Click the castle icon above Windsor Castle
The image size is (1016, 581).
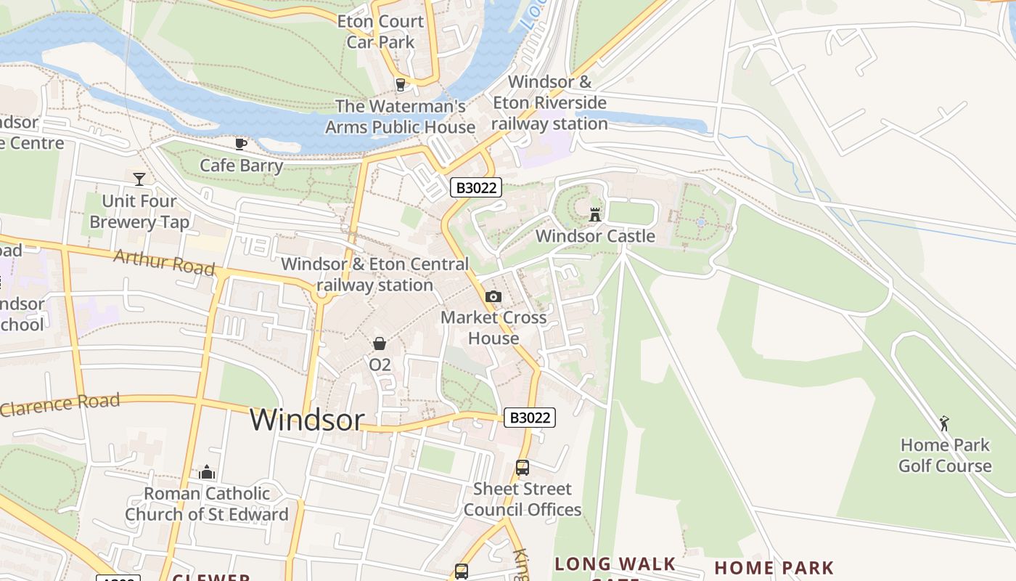click(x=595, y=214)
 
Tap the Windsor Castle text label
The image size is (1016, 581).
click(x=595, y=236)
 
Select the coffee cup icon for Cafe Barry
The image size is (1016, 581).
click(x=241, y=144)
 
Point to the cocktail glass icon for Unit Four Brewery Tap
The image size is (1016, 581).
click(x=139, y=179)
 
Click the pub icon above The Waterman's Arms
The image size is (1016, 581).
click(x=400, y=85)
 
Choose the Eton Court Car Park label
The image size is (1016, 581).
click(x=380, y=32)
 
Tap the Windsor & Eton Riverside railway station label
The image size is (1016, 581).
click(x=549, y=102)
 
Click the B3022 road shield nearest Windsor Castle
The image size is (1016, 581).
click(x=476, y=187)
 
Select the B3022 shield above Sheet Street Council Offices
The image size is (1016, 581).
click(x=530, y=418)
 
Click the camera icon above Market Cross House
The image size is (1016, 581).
click(x=493, y=296)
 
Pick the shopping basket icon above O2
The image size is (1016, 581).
click(x=380, y=344)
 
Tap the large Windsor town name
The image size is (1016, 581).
click(x=307, y=420)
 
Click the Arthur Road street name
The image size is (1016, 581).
click(x=164, y=262)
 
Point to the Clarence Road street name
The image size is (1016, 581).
click(x=60, y=405)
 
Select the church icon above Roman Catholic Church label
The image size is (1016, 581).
click(x=207, y=472)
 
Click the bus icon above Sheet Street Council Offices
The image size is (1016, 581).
click(x=523, y=468)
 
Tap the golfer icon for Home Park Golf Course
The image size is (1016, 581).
click(x=944, y=423)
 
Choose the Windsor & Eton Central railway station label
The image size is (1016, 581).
click(x=374, y=275)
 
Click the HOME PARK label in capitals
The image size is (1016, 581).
click(x=774, y=568)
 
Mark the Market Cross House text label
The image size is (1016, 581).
click(x=493, y=328)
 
